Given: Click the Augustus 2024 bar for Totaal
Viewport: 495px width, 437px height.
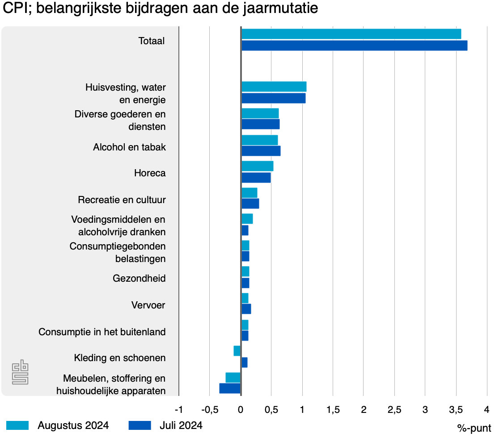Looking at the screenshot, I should pyautogui.click(x=351, y=34).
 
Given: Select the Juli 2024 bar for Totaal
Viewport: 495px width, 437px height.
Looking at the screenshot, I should pyautogui.click(x=354, y=46).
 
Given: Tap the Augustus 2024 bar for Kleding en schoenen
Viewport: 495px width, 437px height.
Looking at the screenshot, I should pyautogui.click(x=237, y=351).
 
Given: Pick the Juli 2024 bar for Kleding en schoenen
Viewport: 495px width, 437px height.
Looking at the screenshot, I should pyautogui.click(x=245, y=362).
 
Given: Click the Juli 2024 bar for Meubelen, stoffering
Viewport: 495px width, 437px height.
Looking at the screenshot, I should pyautogui.click(x=230, y=389).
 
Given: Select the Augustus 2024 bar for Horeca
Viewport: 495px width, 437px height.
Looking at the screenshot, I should pyautogui.click(x=257, y=166).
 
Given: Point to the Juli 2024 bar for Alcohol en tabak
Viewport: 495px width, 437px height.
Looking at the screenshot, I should pyautogui.click(x=261, y=151).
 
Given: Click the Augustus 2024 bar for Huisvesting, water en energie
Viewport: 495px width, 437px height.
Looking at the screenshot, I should pyautogui.click(x=274, y=87).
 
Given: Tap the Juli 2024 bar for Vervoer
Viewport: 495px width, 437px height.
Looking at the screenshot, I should pyautogui.click(x=246, y=309).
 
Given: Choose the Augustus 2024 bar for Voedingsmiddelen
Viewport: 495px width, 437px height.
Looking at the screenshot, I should pyautogui.click(x=247, y=219).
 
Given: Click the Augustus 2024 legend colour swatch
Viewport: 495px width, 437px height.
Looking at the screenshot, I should pyautogui.click(x=17, y=425).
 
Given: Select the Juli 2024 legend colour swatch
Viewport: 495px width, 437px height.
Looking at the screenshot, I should pyautogui.click(x=139, y=425).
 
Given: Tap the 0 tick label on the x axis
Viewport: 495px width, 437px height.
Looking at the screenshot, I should pyautogui.click(x=241, y=409).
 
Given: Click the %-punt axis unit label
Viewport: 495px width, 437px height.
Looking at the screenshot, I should pyautogui.click(x=474, y=428).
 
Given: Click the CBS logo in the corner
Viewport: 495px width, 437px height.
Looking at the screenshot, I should pyautogui.click(x=20, y=373).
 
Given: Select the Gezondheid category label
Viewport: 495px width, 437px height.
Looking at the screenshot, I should pyautogui.click(x=139, y=279).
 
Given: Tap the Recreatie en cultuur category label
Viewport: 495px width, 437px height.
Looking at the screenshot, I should pyautogui.click(x=122, y=200).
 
